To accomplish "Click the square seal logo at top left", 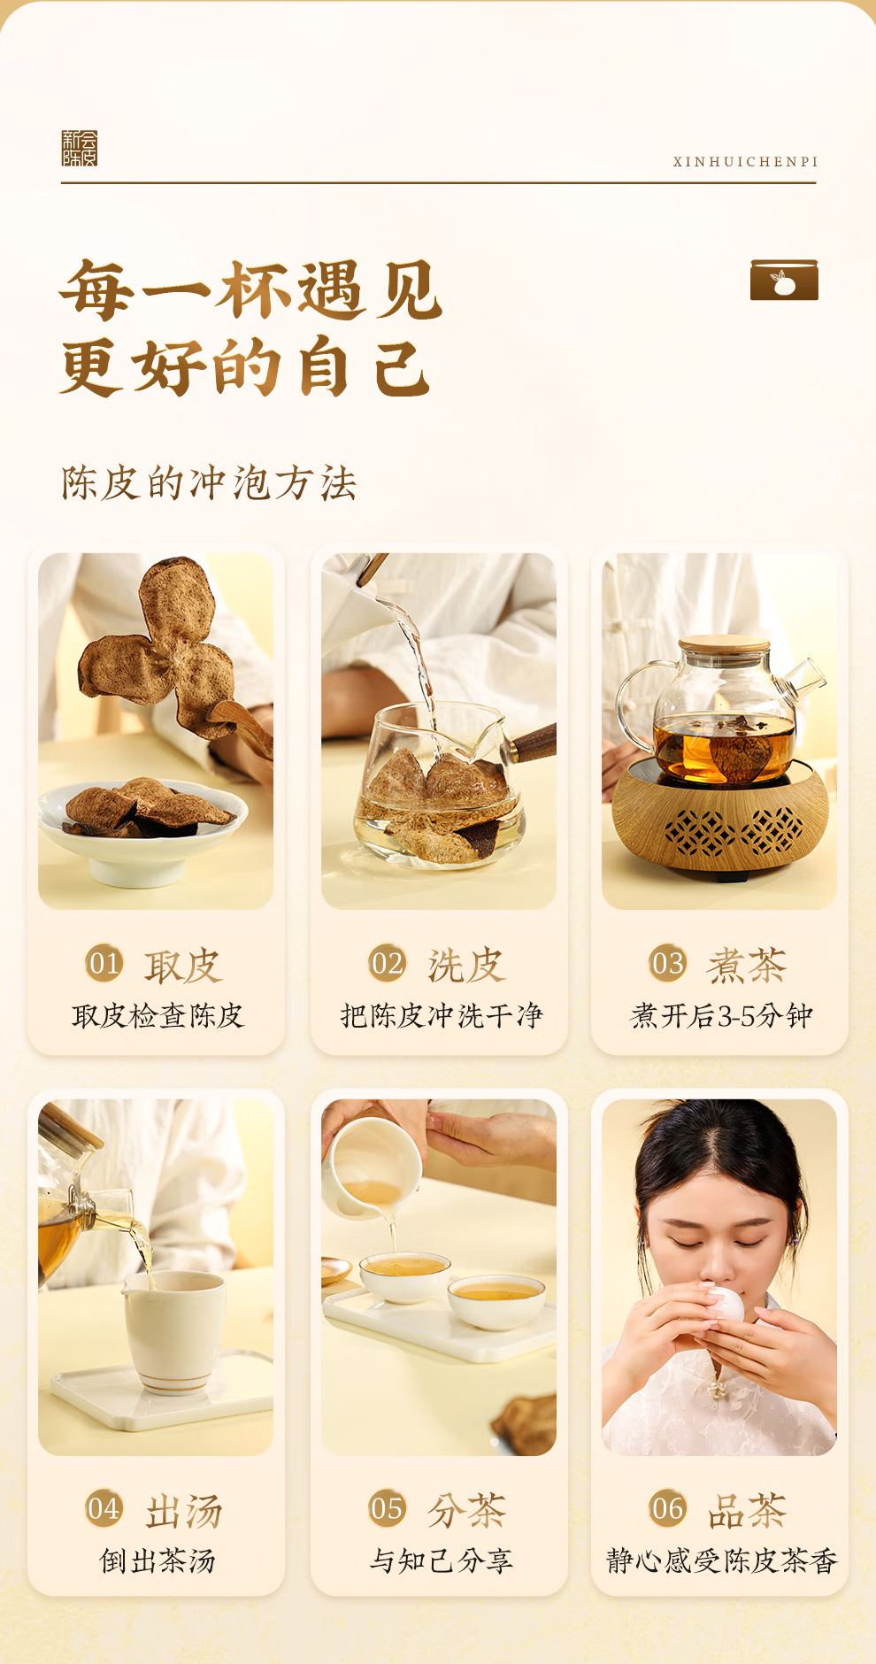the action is tap(79, 148).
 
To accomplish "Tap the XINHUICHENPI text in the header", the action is tap(745, 162).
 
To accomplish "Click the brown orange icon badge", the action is tap(784, 280).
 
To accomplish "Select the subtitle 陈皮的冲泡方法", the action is tap(209, 483).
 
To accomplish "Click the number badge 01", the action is tap(104, 963).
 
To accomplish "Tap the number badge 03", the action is tap(668, 963).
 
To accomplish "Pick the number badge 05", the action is tap(387, 1508).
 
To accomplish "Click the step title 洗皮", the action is tap(466, 965).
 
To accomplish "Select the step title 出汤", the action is tap(183, 1510).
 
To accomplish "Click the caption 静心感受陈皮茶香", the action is tap(720, 1560).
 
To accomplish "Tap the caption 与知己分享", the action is tap(441, 1560).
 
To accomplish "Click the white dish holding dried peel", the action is tap(142, 832).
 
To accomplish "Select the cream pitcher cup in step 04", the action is tap(173, 1326).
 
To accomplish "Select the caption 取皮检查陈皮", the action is tap(158, 1015).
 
